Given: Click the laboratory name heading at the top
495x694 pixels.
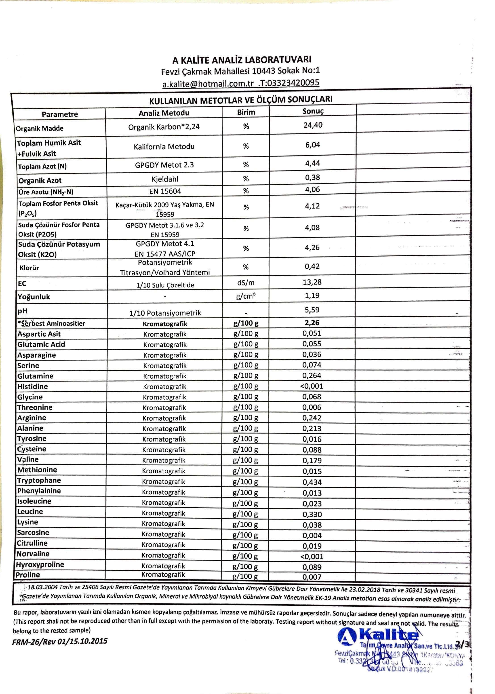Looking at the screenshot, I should click(x=242, y=60).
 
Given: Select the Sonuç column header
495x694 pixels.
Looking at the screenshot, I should click(x=313, y=112).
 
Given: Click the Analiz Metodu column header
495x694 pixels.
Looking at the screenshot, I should click(x=164, y=113).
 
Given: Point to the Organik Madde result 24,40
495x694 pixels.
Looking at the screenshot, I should click(x=313, y=125).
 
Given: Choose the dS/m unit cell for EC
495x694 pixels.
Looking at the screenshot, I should click(x=246, y=283).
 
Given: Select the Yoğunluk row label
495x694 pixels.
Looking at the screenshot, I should click(x=34, y=297).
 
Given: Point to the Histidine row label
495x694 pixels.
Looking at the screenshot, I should click(x=33, y=386).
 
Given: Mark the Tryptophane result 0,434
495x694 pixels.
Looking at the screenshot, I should click(x=312, y=482).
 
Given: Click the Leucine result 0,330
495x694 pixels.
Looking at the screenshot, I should click(x=312, y=514).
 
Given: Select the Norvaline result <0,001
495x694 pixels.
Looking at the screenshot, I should click(x=312, y=557).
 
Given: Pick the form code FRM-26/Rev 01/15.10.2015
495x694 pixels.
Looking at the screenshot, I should click(x=60, y=641).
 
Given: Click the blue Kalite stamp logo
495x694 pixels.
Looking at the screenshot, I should click(x=378, y=636).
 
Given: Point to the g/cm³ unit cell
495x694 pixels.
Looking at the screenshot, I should click(x=246, y=296).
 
